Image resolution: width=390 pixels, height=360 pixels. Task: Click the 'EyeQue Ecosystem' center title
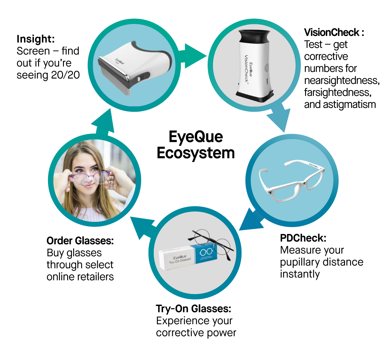[196, 145]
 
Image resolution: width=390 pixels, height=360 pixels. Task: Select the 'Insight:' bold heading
[36, 39]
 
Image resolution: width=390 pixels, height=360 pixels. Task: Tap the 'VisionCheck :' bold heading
[334, 32]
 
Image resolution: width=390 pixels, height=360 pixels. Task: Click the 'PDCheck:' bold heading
[303, 238]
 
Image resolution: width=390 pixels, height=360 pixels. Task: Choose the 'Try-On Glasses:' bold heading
[193, 309]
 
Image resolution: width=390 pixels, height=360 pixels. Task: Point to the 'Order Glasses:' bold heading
[80, 241]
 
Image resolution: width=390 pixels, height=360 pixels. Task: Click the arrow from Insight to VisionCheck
[192, 55]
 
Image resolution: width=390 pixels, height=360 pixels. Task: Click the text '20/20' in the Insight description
[65, 75]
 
